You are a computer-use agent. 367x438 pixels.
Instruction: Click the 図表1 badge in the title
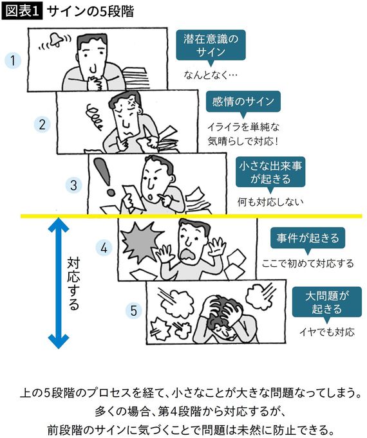pyautogui.click(x=22, y=12)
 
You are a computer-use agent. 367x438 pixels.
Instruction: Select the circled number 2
pyautogui.click(x=41, y=124)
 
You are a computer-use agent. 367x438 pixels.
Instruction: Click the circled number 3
pyautogui.click(x=74, y=185)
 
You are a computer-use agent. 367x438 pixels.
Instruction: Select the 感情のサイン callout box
pyautogui.click(x=243, y=101)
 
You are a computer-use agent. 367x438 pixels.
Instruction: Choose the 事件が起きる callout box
pyautogui.click(x=307, y=237)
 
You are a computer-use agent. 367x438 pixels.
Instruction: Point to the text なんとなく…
pyautogui.click(x=211, y=75)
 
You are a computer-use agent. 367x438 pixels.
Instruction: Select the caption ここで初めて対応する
pyautogui.click(x=308, y=263)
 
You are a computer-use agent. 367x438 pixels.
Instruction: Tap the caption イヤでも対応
pyautogui.click(x=326, y=333)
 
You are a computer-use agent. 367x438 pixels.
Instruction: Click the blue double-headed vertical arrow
pyautogui.click(x=58, y=283)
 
